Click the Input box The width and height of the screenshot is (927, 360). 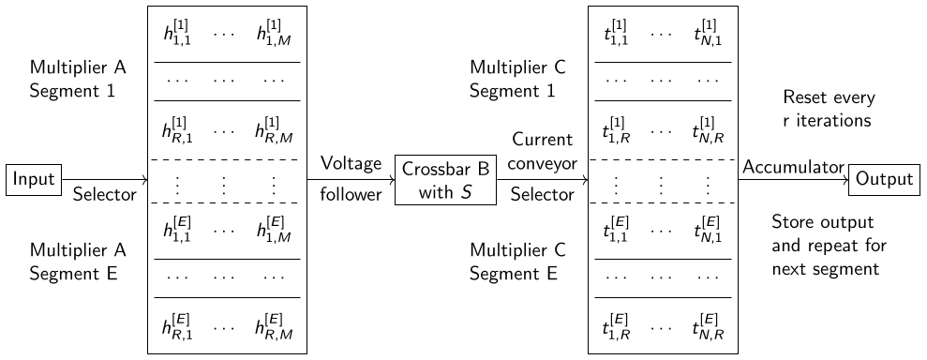point(35,179)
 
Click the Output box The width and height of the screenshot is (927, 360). point(884,179)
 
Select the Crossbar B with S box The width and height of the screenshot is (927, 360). point(446,179)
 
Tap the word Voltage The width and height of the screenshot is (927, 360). point(351,164)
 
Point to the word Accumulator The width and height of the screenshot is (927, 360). point(793,167)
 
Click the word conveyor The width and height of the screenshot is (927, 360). point(543,164)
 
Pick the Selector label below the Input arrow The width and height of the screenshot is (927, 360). point(105,194)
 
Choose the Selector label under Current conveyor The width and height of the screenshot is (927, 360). point(542,194)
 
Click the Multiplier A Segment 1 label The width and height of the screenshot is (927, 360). point(78,79)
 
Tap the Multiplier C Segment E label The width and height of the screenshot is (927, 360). point(518,262)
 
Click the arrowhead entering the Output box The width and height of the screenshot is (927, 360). point(846,179)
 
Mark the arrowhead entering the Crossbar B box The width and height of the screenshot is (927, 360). point(392,179)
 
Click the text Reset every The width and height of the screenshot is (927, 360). point(829,97)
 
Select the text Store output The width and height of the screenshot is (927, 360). point(822,223)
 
